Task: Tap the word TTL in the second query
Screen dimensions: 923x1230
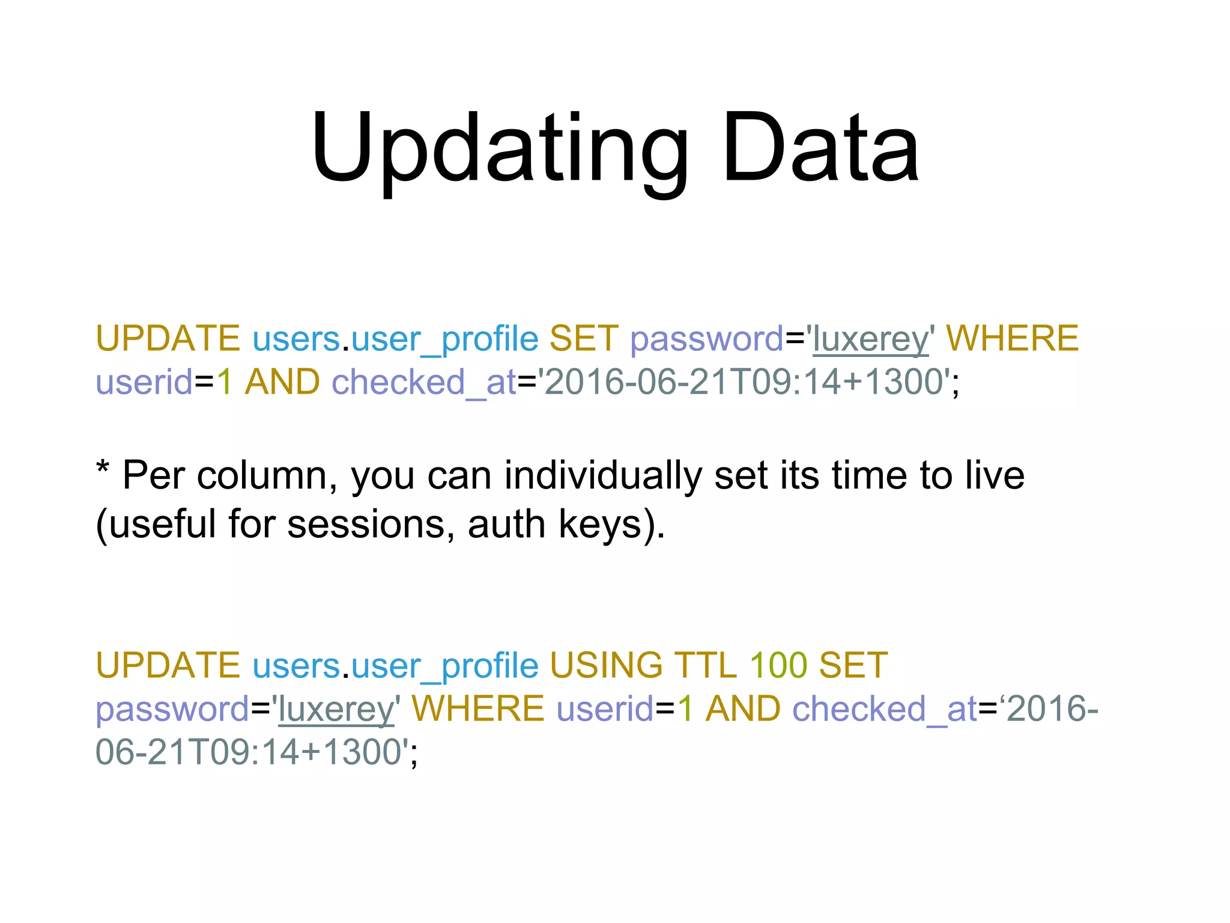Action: click(x=705, y=666)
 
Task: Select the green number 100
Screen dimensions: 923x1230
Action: click(x=778, y=666)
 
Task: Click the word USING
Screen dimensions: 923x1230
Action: click(x=606, y=666)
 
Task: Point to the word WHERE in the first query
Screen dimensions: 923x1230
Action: click(x=1012, y=338)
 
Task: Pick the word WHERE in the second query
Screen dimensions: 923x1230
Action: click(x=477, y=709)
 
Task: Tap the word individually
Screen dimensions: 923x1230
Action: click(x=602, y=476)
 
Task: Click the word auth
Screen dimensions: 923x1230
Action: click(x=506, y=524)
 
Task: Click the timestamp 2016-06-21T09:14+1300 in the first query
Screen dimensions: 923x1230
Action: click(x=744, y=382)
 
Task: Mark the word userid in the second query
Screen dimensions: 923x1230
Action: click(x=605, y=709)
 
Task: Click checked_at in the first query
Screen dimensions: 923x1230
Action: click(x=423, y=382)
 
